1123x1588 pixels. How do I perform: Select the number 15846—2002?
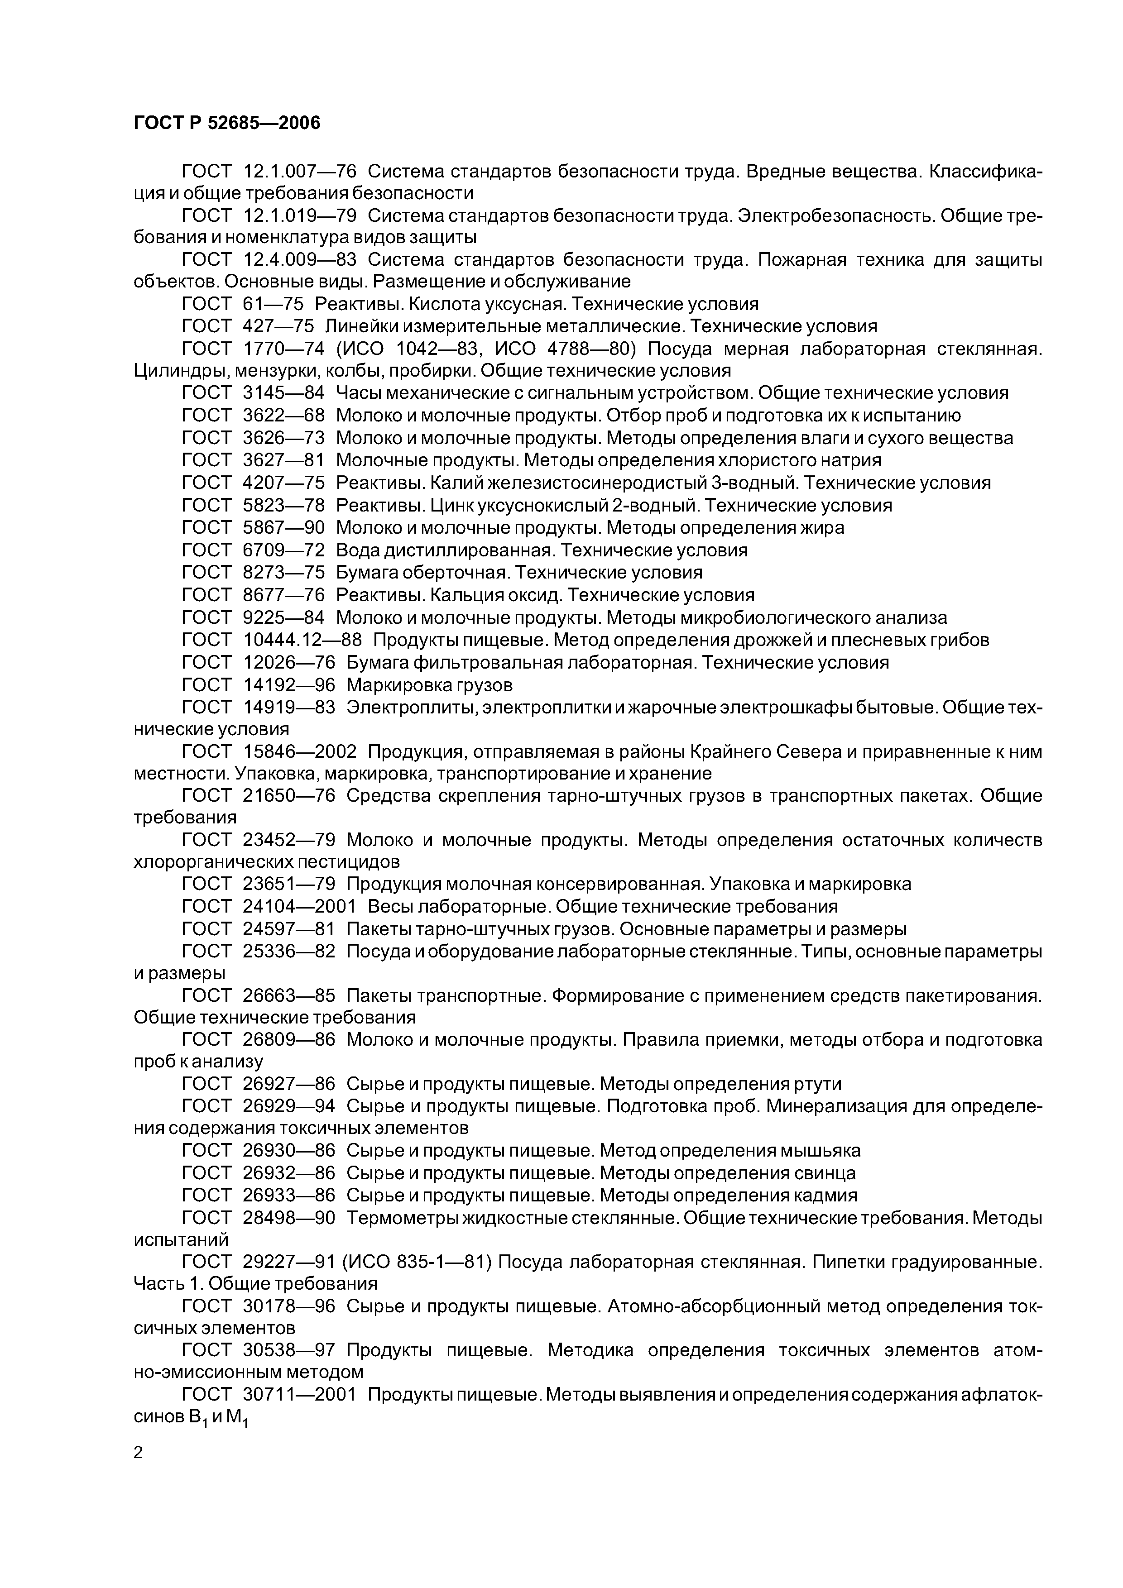click(300, 752)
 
